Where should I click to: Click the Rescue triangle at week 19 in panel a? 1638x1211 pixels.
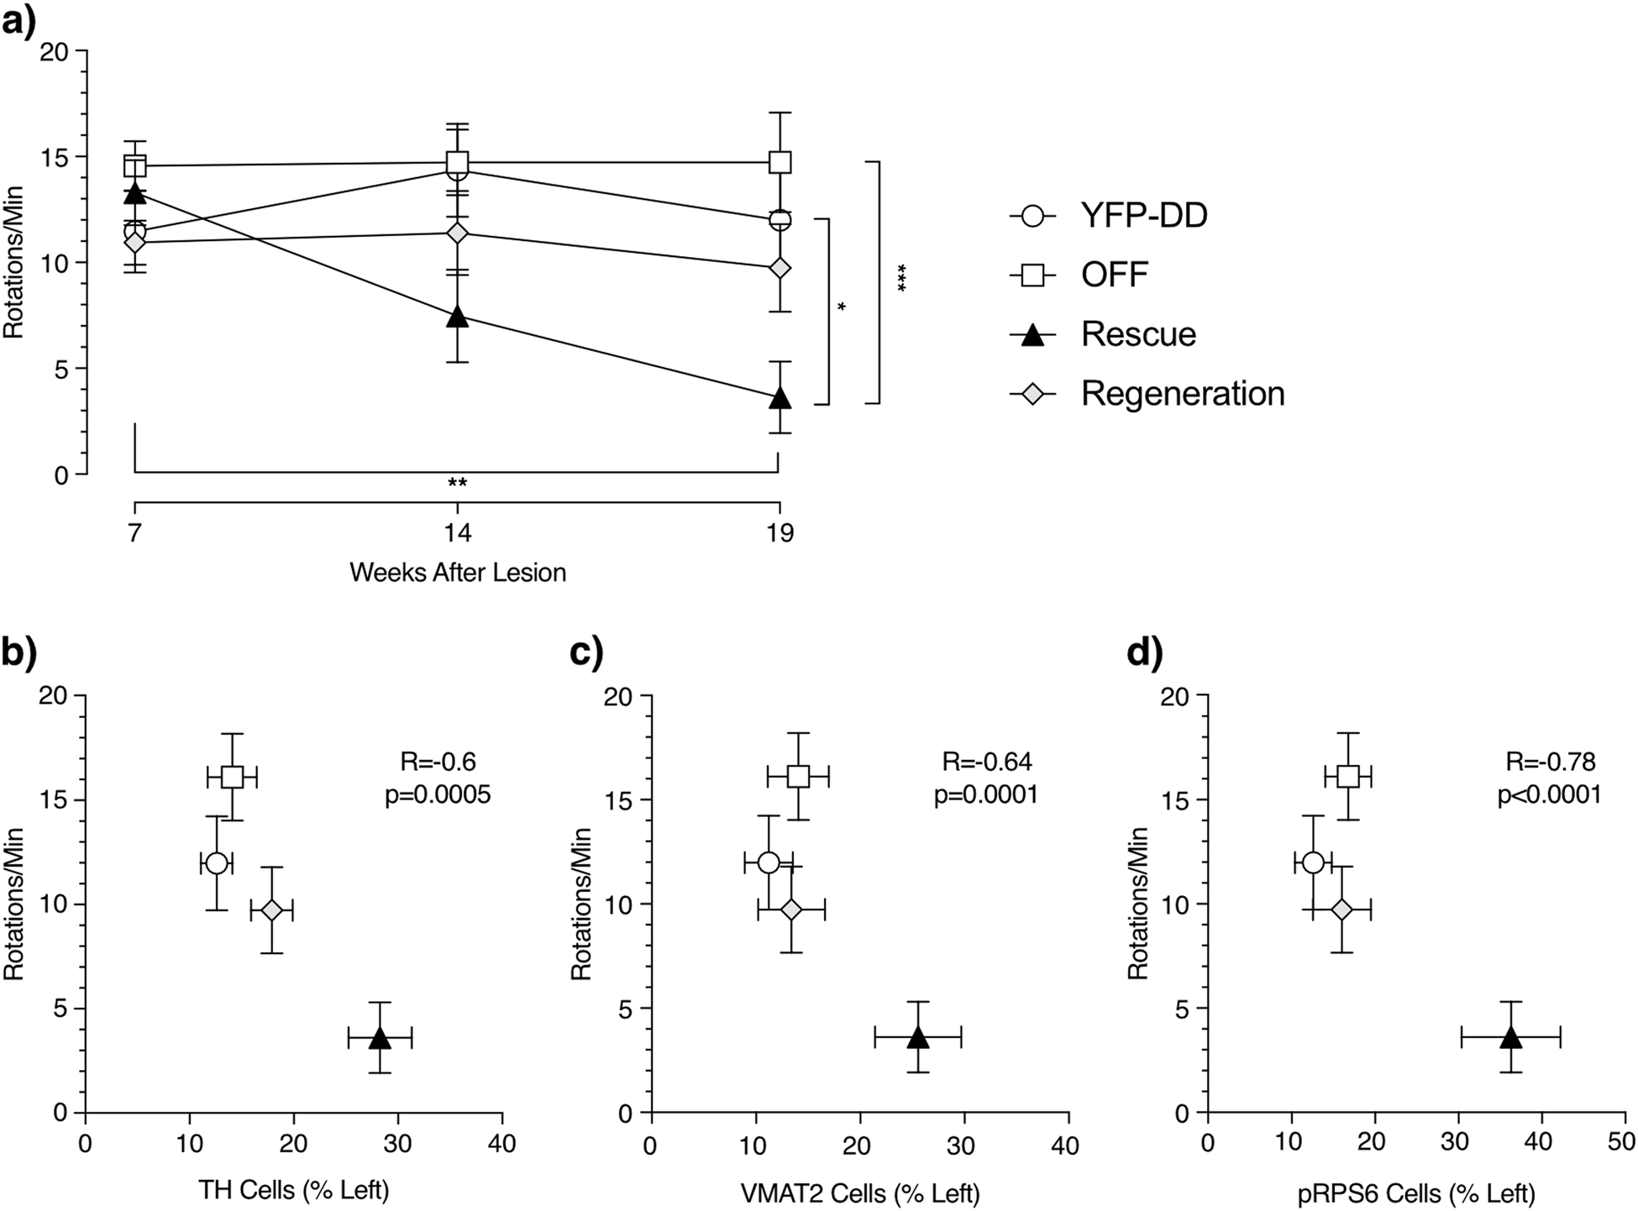[x=780, y=398]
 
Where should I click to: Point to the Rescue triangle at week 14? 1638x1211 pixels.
[x=457, y=317]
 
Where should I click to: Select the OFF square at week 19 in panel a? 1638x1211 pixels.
[x=780, y=162]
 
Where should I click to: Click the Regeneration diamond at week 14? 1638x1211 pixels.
[x=457, y=233]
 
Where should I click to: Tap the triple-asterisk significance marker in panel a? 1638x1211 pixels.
[x=902, y=278]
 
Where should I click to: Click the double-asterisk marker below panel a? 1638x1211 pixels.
[x=457, y=483]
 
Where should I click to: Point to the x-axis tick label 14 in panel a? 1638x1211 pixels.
[x=457, y=533]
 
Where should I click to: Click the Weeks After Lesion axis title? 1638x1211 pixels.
[x=457, y=573]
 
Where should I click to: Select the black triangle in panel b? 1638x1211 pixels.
[x=380, y=1038]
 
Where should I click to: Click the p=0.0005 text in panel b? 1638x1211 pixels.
[x=437, y=794]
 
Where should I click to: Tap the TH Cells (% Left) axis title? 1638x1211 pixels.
[x=293, y=1190]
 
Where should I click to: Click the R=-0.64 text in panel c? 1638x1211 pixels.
[x=987, y=762]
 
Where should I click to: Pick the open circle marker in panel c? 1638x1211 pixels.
[x=768, y=862]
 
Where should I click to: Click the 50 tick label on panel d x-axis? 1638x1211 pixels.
[x=1621, y=1144]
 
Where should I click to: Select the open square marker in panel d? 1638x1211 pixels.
[x=1347, y=777]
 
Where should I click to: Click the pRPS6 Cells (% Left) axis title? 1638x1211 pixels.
[x=1417, y=1193]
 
